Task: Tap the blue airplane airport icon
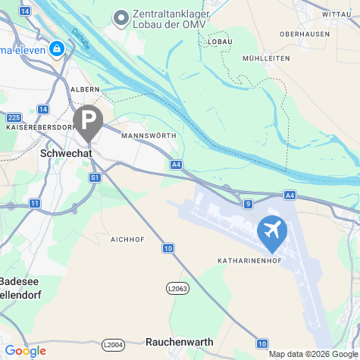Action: tap(272, 232)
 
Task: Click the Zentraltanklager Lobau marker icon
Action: tap(121, 17)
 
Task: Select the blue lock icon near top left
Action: tap(56, 49)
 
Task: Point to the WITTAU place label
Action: tap(337, 14)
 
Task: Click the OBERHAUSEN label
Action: tap(304, 34)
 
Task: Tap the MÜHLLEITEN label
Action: tap(265, 58)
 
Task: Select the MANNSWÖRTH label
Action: tap(148, 136)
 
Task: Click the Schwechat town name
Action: tap(64, 152)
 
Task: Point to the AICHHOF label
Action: tap(127, 239)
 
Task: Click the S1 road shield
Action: tap(95, 177)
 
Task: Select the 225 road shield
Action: tap(14, 117)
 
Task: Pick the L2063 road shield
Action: tap(177, 288)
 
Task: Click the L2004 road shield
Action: tap(112, 346)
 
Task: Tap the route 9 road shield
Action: tap(248, 204)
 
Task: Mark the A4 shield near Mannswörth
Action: tap(176, 164)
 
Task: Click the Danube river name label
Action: tap(81, 40)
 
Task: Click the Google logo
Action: tap(25, 351)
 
